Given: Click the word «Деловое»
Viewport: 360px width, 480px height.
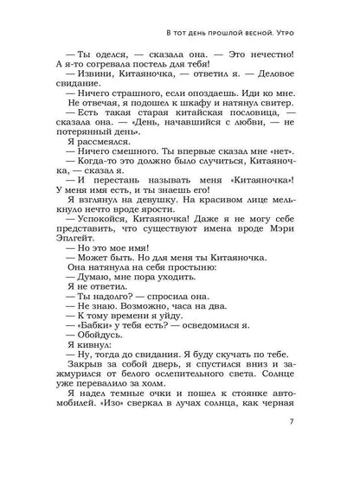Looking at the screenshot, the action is pos(296,86).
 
